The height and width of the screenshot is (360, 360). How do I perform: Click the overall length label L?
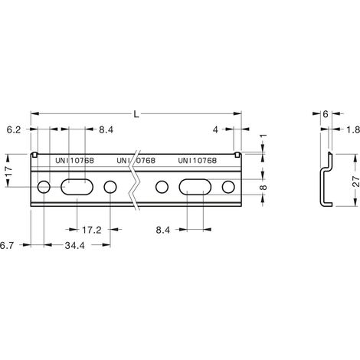tap(136, 114)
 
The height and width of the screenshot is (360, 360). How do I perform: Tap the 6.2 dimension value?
tap(14, 130)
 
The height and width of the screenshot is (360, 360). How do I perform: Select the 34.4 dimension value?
tap(74, 246)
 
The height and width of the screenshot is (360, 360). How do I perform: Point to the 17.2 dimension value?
tap(92, 230)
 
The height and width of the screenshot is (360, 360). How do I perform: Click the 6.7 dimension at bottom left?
tap(7, 246)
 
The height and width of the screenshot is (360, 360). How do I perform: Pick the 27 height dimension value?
tap(356, 181)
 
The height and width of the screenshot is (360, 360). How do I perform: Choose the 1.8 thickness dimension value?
tap(353, 130)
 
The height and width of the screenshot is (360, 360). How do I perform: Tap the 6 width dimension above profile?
tap(326, 114)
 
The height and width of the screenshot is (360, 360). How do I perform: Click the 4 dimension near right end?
tap(215, 130)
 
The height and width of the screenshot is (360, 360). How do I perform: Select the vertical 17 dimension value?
tap(8, 172)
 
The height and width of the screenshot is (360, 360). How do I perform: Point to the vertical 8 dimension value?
tap(263, 188)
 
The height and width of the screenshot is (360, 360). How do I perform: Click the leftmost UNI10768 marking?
tap(74, 161)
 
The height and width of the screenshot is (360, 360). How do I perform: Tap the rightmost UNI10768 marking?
tap(197, 161)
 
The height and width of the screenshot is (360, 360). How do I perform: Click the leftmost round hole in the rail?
tap(44, 187)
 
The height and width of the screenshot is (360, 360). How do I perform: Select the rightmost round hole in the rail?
tap(228, 187)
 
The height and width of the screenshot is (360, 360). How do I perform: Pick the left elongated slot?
tap(77, 187)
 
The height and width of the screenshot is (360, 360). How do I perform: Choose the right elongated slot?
tap(195, 187)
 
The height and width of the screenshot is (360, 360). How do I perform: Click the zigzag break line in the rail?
tap(135, 181)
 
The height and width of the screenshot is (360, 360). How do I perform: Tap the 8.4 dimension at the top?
tap(106, 130)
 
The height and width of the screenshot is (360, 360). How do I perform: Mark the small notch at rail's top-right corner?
tap(237, 154)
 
